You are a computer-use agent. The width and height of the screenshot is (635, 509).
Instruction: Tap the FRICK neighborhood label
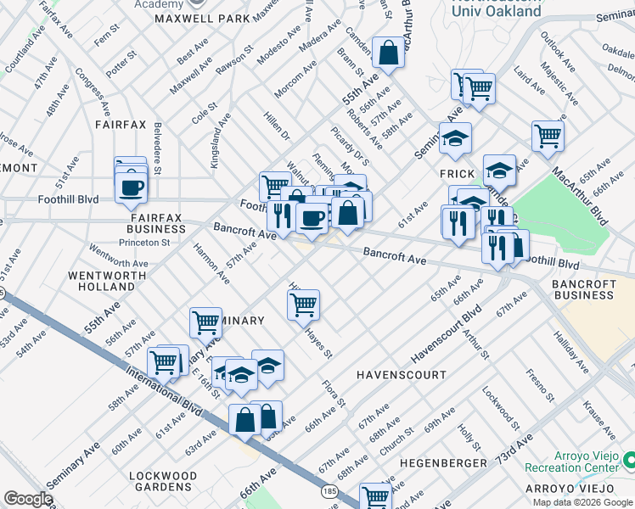coord(457,172)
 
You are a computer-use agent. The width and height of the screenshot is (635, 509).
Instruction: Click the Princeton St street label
coord(143,243)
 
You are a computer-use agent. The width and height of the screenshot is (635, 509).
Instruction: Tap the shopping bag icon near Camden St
coord(388,53)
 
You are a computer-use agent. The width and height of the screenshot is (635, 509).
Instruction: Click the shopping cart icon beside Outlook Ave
coord(548,135)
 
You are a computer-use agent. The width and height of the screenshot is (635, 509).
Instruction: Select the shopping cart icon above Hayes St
coord(303,304)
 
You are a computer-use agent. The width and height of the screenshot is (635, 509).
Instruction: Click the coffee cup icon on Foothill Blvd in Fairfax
coord(131,188)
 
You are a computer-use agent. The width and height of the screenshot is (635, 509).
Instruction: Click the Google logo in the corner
coord(27,499)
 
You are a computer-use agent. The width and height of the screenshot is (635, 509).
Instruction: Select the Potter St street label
coord(121,62)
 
